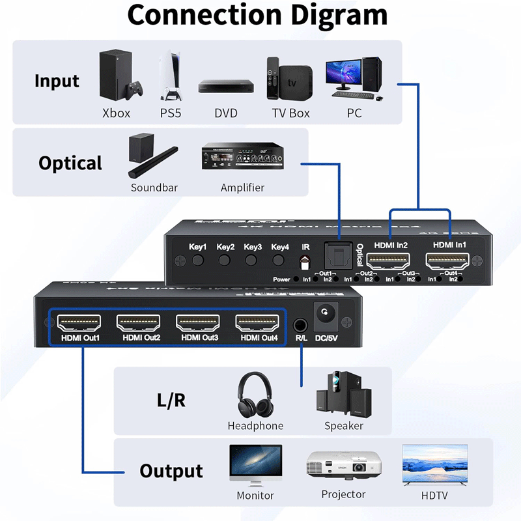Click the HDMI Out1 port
[79, 322]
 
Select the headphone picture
[255, 395]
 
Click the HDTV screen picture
[434, 465]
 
